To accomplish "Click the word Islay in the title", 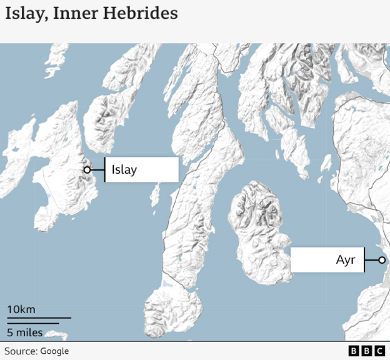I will click(x=24, y=13).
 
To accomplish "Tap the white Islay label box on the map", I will click(x=141, y=169).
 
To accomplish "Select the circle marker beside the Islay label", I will click(x=87, y=169).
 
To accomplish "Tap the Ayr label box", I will click(x=327, y=260).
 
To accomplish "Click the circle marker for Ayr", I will click(x=381, y=260).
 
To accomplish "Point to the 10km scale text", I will click(x=21, y=309).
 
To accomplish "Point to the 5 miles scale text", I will click(x=24, y=331).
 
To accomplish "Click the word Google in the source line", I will click(x=55, y=351).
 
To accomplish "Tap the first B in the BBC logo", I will click(x=353, y=351).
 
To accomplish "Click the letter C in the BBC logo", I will click(x=379, y=351).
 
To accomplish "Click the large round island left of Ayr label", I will click(x=259, y=231).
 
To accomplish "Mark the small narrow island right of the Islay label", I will click(x=155, y=195).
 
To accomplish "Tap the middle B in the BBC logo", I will click(x=366, y=351).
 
